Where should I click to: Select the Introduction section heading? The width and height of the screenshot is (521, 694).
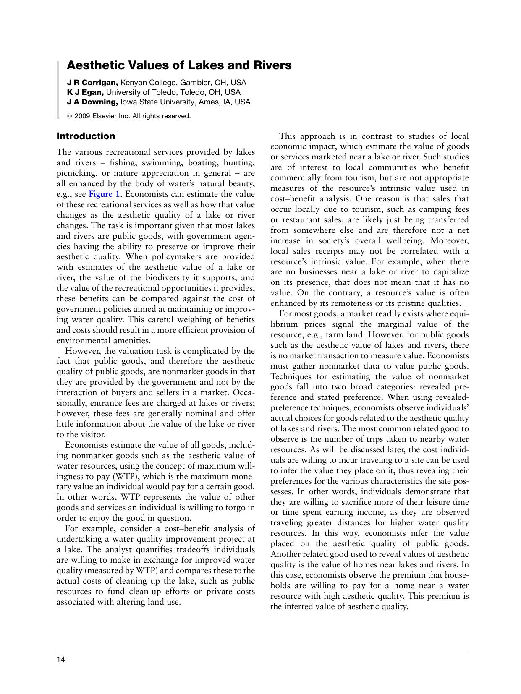click(x=86, y=136)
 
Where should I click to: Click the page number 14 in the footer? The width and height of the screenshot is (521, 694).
click(x=61, y=660)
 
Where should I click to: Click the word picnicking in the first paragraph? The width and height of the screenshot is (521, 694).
click(x=74, y=173)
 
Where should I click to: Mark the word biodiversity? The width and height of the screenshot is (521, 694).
click(x=198, y=278)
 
